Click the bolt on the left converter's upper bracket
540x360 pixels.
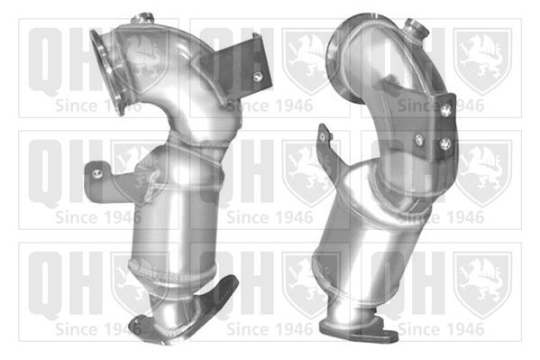[257, 77]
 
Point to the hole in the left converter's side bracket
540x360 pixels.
[97, 173]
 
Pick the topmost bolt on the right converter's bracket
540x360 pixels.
[446, 110]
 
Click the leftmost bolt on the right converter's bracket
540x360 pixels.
[419, 139]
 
